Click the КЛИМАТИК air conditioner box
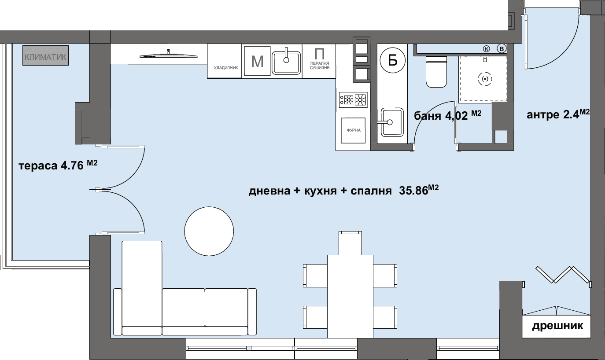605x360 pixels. pos(45,55)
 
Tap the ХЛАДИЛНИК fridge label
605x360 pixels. pos(226,68)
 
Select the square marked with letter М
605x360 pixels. pos(257,61)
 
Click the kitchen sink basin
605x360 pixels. pos(286,62)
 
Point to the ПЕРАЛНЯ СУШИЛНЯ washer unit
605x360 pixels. pos(320,61)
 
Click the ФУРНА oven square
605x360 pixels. pos(353,130)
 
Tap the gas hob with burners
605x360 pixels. pos(353,100)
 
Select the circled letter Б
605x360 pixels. pos(393,61)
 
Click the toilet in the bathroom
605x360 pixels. pos(436,71)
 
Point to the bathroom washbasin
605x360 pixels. pos(392,122)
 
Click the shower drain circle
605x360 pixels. pos(485,79)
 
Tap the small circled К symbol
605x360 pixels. pos(487,49)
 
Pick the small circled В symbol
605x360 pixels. pos(502,49)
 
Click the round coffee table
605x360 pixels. pos(209,231)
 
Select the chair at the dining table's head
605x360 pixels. pos(350,243)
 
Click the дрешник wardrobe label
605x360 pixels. pos(557,326)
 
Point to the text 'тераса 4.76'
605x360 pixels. pos(51,165)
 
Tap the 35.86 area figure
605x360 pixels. pos(414,191)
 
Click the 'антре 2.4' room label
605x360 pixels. pos(553,114)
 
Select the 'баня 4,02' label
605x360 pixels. pos(441,116)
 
